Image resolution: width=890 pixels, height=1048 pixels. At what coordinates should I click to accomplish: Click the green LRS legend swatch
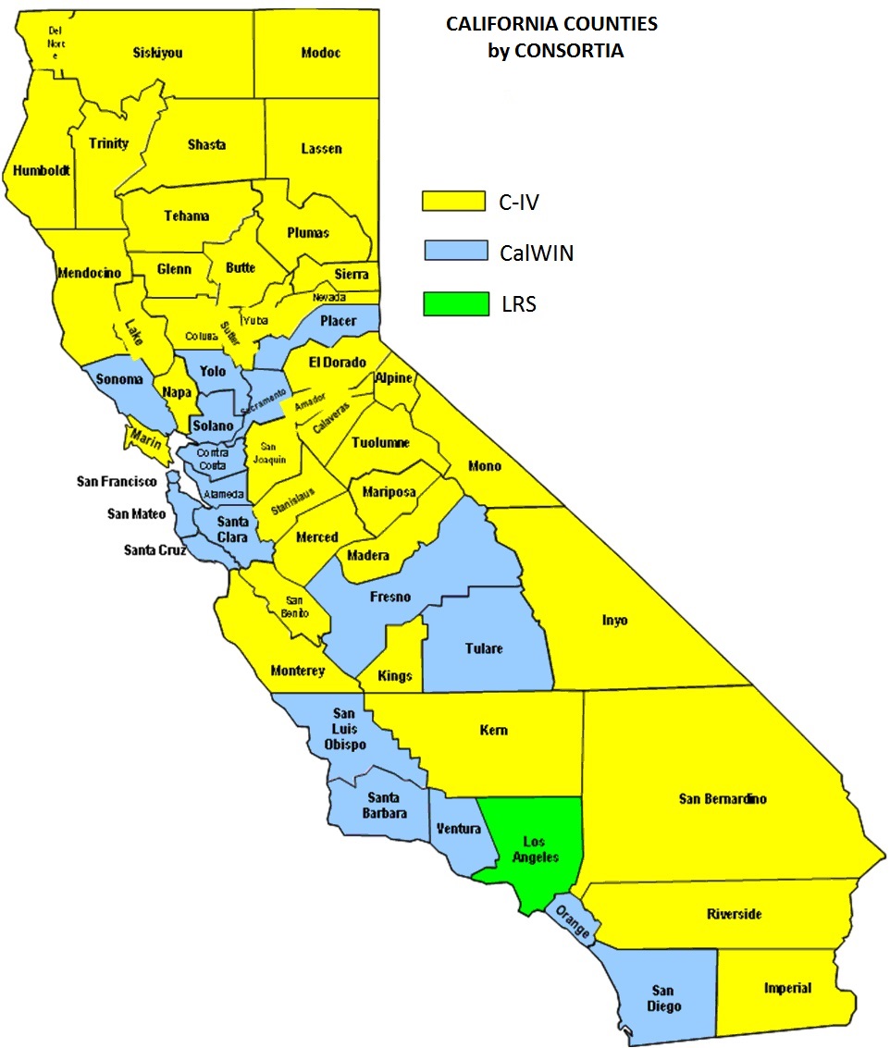point(455,304)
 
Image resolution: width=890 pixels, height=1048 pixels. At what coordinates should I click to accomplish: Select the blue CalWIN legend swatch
point(455,252)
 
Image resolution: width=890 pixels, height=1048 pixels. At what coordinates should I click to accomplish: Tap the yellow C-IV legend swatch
point(453,201)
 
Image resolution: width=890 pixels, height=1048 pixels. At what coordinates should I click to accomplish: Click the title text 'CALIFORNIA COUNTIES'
point(552,25)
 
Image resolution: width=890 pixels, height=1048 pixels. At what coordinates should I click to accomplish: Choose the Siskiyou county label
point(157,53)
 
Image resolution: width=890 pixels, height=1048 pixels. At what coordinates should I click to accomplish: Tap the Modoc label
point(321,53)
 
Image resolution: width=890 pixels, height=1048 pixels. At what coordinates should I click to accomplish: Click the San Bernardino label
point(723,799)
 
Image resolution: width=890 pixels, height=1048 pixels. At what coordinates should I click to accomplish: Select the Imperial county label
point(787,988)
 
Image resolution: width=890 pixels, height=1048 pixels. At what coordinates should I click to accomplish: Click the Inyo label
point(614,620)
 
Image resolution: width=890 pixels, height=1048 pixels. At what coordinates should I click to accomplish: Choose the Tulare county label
point(484,648)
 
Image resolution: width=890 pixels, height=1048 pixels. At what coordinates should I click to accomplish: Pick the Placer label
point(338,321)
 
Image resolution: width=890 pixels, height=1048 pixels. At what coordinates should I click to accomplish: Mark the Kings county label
point(395,676)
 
